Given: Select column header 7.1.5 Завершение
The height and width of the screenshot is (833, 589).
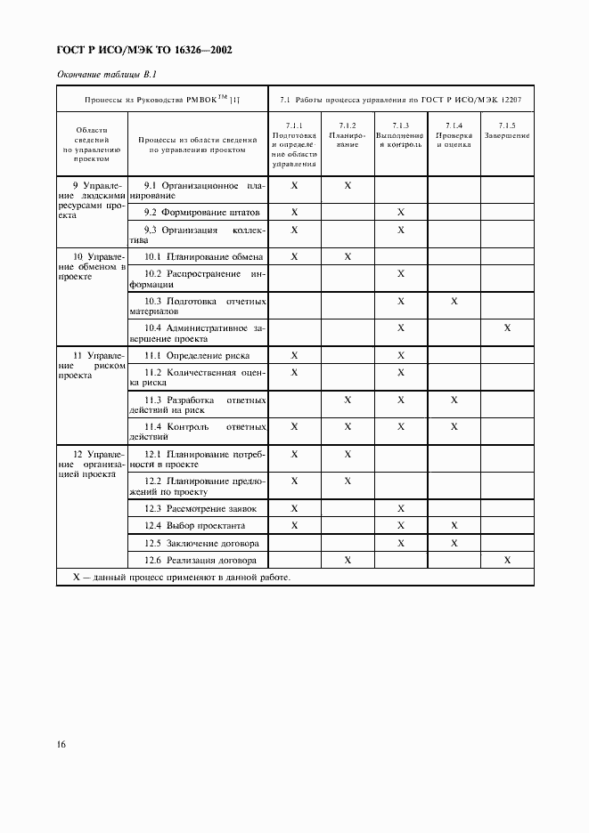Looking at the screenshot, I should [x=507, y=132].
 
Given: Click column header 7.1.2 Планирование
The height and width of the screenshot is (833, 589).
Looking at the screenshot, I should [x=348, y=135].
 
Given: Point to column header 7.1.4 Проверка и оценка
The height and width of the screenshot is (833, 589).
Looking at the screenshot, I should [x=454, y=135].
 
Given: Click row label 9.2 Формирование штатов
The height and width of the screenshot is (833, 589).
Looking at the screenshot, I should [x=203, y=213].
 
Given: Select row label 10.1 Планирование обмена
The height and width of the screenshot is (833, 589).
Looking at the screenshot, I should [x=203, y=256].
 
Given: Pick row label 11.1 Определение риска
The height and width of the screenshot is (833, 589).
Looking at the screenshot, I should [x=197, y=355].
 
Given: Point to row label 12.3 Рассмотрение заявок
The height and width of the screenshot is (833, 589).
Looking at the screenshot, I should [x=200, y=508].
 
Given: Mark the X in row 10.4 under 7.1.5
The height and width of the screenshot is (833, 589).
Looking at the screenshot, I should [x=507, y=328].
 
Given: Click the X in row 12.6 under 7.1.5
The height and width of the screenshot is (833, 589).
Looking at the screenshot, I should [x=507, y=560].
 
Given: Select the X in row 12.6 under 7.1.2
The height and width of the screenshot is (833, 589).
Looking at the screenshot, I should [x=348, y=560].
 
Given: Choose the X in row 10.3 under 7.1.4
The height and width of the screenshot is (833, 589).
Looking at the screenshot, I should [x=454, y=302].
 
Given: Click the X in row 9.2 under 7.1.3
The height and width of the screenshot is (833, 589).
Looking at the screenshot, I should [x=401, y=213].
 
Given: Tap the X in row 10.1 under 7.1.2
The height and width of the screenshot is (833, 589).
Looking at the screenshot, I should [x=348, y=256].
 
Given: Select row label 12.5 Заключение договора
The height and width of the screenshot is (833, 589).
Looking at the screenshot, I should [x=202, y=543].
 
